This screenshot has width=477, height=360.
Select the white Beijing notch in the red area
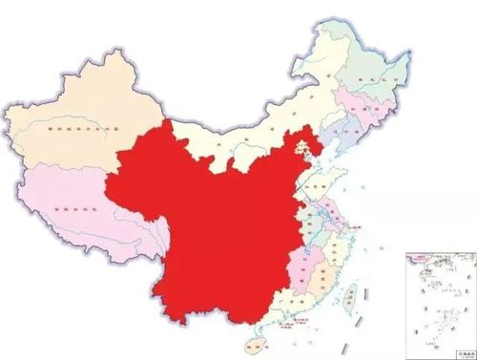pos(303,142)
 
